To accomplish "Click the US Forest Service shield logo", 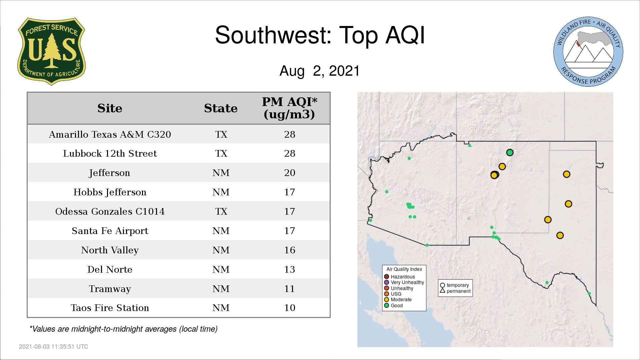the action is pyautogui.click(x=51, y=52).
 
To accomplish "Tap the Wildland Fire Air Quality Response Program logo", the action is pyautogui.click(x=588, y=52).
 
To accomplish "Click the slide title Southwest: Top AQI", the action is pyautogui.click(x=320, y=35).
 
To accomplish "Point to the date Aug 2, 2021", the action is pyautogui.click(x=320, y=71).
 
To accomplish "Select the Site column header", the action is pyautogui.click(x=110, y=108).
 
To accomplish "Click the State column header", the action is pyautogui.click(x=221, y=108).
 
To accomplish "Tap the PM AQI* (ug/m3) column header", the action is pyautogui.click(x=289, y=108).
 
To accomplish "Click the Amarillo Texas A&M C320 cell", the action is pyautogui.click(x=110, y=134).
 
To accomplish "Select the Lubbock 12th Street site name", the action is pyautogui.click(x=110, y=153).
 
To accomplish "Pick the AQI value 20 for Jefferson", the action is pyautogui.click(x=290, y=173).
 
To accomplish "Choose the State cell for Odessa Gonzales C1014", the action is pyautogui.click(x=221, y=211).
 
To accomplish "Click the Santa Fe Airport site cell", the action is pyautogui.click(x=110, y=231).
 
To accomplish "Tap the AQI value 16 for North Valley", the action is pyautogui.click(x=290, y=250).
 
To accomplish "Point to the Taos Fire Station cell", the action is pyautogui.click(x=110, y=308).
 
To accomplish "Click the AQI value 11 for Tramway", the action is pyautogui.click(x=290, y=289).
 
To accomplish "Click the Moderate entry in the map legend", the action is pyautogui.click(x=398, y=299).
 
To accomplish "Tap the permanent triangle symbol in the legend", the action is pyautogui.click(x=442, y=291).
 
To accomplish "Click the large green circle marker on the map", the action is pyautogui.click(x=510, y=153).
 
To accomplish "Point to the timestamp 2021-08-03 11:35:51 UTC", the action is pyautogui.click(x=54, y=347).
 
